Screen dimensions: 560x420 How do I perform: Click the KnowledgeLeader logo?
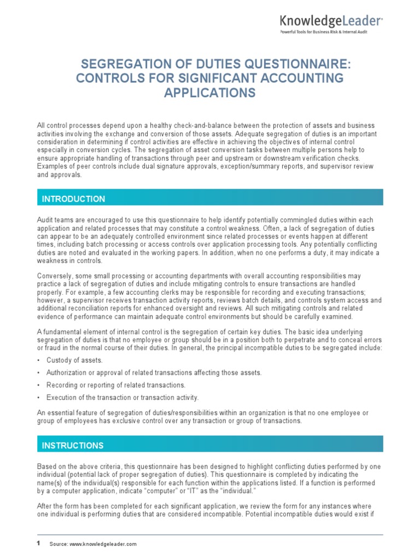[x=331, y=21]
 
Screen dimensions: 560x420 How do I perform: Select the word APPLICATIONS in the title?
[x=210, y=93]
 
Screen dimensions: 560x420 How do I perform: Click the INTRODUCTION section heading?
[x=74, y=199]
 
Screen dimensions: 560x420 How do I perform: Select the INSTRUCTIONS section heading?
[x=73, y=446]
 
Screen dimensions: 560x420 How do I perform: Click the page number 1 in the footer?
[x=38, y=543]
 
